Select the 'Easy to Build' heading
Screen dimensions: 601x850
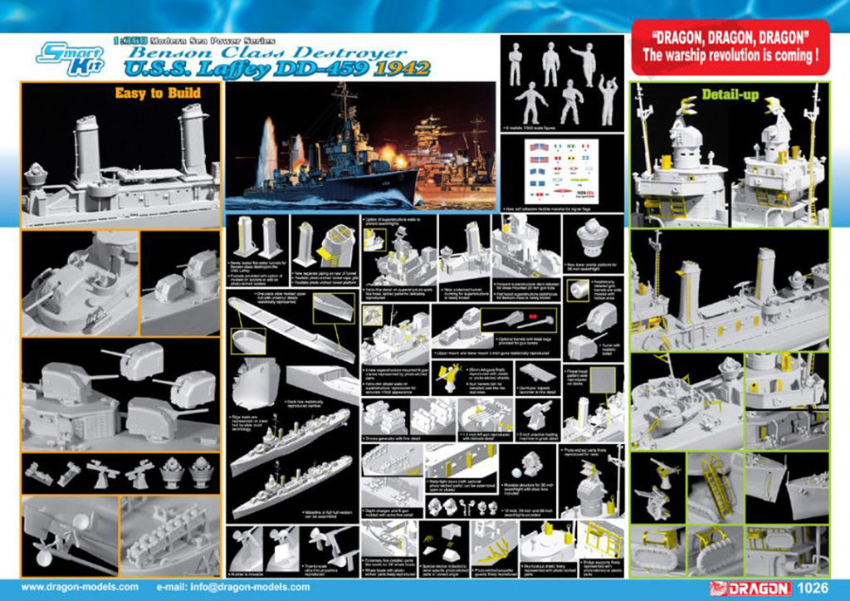pyautogui.click(x=158, y=93)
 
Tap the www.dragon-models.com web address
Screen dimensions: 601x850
pyautogui.click(x=80, y=587)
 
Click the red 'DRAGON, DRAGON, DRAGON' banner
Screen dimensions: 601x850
pyautogui.click(x=730, y=48)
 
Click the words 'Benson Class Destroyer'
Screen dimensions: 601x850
pyautogui.click(x=265, y=51)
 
